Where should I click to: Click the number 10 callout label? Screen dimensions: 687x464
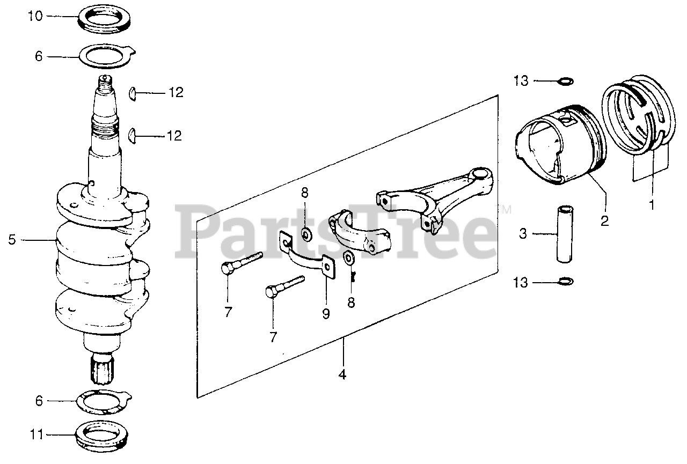(x=35, y=16)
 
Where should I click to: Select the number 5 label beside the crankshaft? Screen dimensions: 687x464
(x=11, y=240)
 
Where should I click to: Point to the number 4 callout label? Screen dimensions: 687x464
(x=342, y=374)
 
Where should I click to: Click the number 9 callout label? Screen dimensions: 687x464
(x=326, y=313)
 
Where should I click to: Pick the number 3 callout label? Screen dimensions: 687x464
(x=523, y=233)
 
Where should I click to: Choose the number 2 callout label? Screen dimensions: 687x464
(x=605, y=220)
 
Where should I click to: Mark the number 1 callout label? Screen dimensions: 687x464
(x=653, y=204)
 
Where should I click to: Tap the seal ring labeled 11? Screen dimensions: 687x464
(x=101, y=432)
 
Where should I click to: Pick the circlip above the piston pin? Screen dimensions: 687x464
(x=565, y=81)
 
